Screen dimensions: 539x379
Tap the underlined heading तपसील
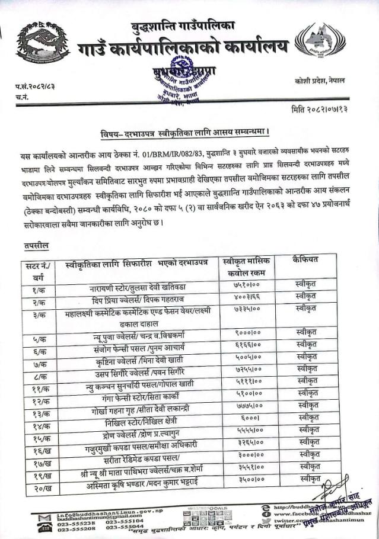click(37, 244)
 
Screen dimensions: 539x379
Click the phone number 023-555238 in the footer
click(74, 523)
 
